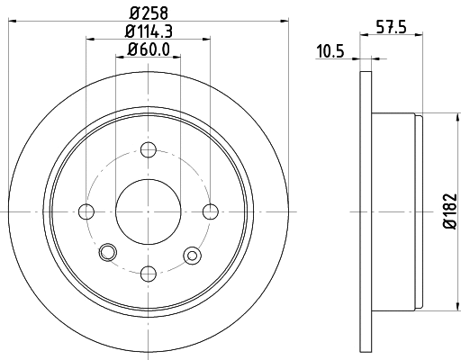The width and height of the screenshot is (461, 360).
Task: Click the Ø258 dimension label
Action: [x=149, y=11]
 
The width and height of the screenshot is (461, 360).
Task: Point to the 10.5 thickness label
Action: [x=331, y=49]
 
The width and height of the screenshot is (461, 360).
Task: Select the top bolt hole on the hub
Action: [x=149, y=149]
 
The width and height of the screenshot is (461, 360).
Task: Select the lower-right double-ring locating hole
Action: [x=191, y=256]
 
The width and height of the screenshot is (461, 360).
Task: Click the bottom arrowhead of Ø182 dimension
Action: [x=441, y=308]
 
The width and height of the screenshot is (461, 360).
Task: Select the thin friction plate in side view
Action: [x=366, y=211]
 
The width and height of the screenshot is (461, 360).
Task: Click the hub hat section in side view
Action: [x=396, y=211]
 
